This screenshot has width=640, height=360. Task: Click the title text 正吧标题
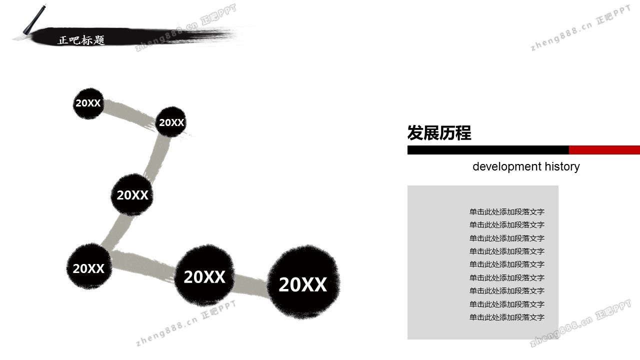(81, 40)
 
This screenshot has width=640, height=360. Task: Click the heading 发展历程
(439, 133)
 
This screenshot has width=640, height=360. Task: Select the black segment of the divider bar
(488, 150)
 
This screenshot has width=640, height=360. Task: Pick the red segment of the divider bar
(604, 150)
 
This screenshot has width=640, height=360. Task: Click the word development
(507, 166)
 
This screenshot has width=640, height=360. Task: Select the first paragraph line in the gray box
(507, 211)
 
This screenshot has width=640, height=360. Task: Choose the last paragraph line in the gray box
(507, 317)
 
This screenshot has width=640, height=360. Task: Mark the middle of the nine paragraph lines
(507, 264)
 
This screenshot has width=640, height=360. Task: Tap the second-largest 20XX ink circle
(204, 275)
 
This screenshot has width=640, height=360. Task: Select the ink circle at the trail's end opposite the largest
(88, 103)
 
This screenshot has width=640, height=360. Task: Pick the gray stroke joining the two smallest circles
(130, 113)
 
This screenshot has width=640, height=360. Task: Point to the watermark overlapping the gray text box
(580, 323)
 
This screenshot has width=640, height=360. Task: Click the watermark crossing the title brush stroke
(185, 27)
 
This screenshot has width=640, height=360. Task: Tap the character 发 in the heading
(415, 133)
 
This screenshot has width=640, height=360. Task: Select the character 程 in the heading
(463, 133)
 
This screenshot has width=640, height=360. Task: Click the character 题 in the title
(99, 40)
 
